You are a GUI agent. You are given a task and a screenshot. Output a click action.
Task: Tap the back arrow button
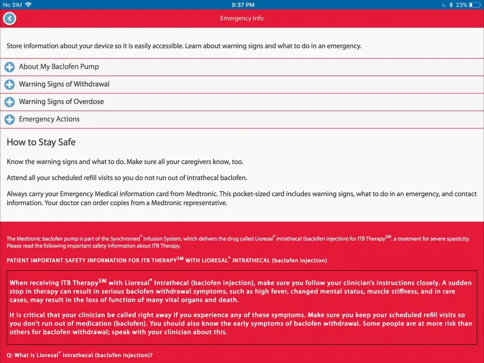coord(9,18)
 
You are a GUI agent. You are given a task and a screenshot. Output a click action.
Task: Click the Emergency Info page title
coord(242,18)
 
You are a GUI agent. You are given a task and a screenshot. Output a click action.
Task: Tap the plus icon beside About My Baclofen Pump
coord(9,67)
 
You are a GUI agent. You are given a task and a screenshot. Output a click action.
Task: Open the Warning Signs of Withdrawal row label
coord(64,84)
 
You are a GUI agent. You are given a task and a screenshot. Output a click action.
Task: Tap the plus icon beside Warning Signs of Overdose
coord(9,102)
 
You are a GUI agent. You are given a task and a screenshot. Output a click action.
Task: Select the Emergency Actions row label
coord(49,119)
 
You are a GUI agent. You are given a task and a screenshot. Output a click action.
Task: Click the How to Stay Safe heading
coord(41,142)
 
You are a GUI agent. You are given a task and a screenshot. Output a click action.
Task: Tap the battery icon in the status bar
coord(474,5)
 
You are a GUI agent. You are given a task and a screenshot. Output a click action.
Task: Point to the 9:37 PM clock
coord(243,5)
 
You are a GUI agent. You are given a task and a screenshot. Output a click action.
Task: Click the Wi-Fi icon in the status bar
coord(29,5)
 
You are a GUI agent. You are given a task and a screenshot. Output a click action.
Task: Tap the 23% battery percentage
coord(461,5)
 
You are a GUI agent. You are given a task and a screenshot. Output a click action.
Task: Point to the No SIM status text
coord(12,5)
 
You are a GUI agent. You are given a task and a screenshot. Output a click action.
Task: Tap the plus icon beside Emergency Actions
coord(9,119)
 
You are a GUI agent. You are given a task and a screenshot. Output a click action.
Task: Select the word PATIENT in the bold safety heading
coord(19,260)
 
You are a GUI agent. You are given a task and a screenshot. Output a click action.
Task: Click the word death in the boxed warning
coord(228,300)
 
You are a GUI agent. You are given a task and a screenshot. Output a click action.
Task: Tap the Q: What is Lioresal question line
coord(79,355)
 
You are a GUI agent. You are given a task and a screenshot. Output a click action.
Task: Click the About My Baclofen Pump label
coord(59,67)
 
